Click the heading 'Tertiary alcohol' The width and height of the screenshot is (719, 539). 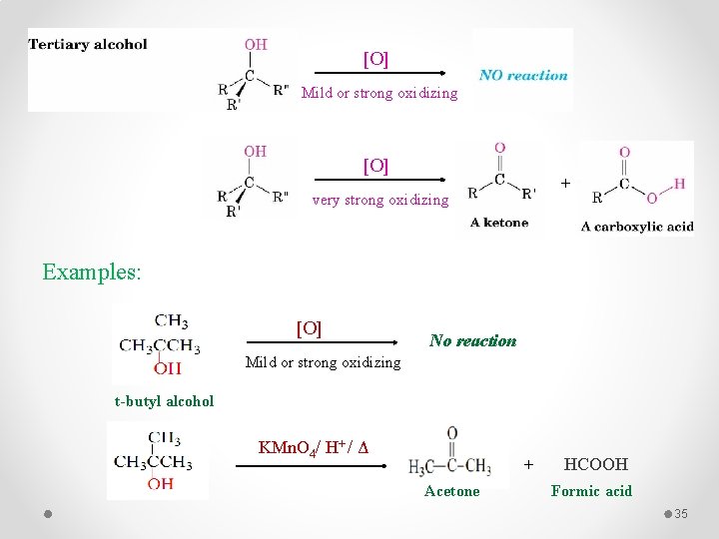click(x=88, y=44)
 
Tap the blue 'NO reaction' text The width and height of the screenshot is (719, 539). click(x=523, y=75)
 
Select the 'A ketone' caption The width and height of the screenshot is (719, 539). click(x=499, y=223)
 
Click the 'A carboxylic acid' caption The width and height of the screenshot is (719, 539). click(x=637, y=227)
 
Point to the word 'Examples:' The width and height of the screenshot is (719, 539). click(x=92, y=270)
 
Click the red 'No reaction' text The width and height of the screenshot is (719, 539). click(x=472, y=340)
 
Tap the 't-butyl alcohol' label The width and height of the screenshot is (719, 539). click(x=164, y=401)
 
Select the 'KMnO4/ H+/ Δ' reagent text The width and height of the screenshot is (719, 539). click(x=314, y=446)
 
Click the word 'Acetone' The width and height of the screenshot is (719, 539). click(x=451, y=491)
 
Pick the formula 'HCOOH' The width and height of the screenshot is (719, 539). click(x=596, y=464)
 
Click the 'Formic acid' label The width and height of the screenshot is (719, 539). click(x=591, y=491)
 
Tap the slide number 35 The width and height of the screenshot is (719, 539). click(x=682, y=513)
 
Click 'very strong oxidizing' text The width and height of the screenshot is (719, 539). click(x=380, y=200)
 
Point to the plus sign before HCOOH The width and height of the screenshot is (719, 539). click(x=529, y=464)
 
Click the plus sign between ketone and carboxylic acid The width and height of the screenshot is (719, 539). click(x=565, y=183)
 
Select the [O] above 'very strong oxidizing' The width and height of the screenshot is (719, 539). click(x=375, y=165)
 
